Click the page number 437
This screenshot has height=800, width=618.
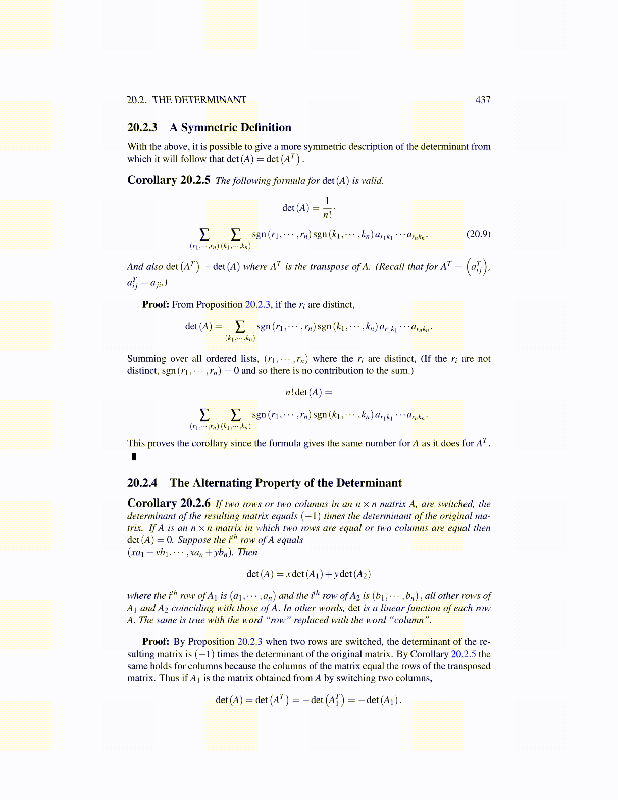483,100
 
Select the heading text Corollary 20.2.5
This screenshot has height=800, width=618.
169,180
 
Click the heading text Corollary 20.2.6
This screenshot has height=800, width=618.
169,503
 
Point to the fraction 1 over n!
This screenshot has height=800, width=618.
327,208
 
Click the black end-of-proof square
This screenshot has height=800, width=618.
134,457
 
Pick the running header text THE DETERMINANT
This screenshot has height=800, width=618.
199,100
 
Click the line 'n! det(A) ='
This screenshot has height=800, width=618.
308,392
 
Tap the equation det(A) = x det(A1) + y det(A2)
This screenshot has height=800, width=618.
308,574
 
